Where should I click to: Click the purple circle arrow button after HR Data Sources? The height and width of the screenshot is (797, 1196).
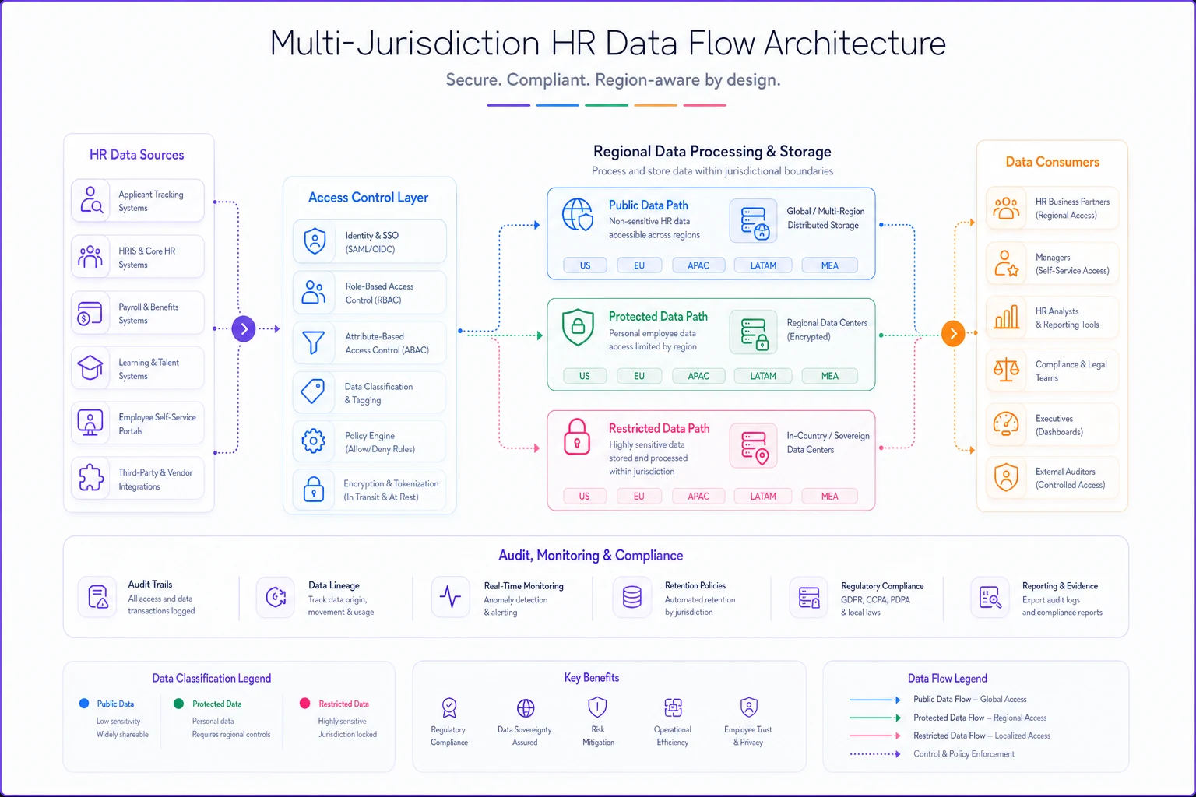(x=244, y=328)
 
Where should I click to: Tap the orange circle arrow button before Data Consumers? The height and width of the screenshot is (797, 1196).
(x=953, y=334)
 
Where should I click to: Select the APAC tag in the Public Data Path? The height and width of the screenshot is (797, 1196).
(x=698, y=265)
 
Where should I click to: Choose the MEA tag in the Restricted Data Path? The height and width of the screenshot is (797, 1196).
(x=829, y=496)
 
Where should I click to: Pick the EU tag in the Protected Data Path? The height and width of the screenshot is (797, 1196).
(x=639, y=376)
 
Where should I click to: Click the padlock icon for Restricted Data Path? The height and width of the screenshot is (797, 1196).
(x=577, y=437)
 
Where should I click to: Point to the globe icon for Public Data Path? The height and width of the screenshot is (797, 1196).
(x=577, y=215)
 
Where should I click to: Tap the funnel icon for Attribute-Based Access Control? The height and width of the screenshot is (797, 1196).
(x=314, y=342)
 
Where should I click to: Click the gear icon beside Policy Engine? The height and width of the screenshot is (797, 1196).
(x=314, y=441)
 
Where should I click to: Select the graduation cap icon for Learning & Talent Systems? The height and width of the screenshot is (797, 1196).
(x=90, y=367)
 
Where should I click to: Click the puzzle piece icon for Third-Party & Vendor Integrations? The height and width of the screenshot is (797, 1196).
(x=91, y=477)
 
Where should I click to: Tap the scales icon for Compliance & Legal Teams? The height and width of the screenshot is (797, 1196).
(x=1007, y=370)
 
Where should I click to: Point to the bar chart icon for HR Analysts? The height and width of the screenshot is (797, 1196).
(x=1007, y=317)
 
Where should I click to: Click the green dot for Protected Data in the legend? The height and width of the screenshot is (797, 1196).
(x=179, y=704)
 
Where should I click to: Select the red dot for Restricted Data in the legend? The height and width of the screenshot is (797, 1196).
(x=305, y=703)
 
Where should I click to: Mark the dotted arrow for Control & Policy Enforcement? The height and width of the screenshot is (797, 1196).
(x=875, y=754)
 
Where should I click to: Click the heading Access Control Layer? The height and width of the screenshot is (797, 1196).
(x=368, y=198)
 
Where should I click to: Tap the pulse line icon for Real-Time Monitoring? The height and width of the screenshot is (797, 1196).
(x=450, y=597)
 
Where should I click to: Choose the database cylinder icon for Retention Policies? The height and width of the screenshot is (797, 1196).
(x=632, y=597)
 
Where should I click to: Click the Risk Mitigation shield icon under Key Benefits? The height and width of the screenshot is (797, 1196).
(x=597, y=707)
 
